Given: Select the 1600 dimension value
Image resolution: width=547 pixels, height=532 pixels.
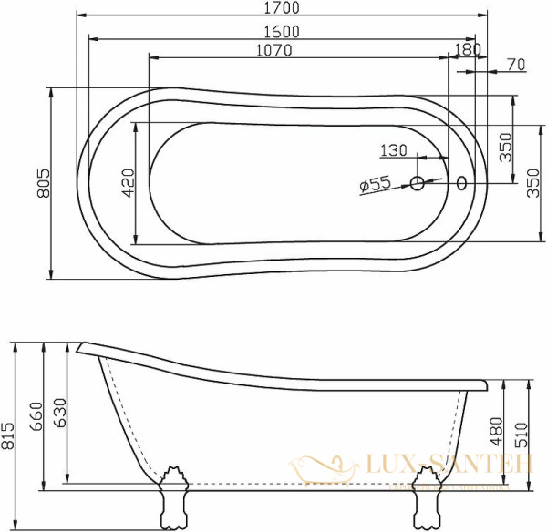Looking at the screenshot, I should (284, 30).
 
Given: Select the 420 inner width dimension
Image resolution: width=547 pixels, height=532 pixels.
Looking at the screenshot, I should (128, 183).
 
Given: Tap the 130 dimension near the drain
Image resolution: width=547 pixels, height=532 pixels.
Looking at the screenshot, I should (393, 150).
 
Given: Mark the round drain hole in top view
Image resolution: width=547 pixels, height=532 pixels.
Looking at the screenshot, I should (418, 184).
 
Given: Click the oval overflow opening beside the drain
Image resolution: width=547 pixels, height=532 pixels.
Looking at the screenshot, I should (460, 184).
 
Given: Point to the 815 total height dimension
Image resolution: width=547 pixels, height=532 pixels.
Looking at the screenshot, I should (8, 435).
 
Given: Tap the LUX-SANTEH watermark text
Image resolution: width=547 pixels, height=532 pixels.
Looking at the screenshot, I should (436, 466).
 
